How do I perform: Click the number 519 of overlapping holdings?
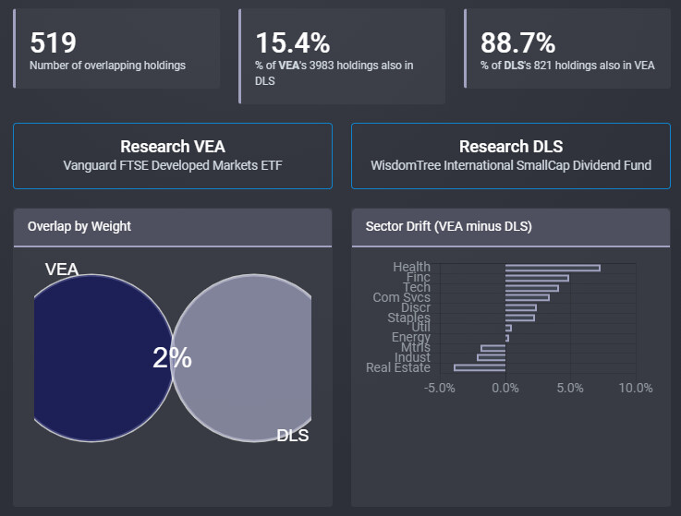(54, 42)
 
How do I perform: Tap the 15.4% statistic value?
(293, 42)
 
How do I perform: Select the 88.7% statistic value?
(517, 42)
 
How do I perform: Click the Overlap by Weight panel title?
(79, 226)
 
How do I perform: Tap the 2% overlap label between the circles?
(172, 358)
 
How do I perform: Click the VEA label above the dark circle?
(62, 270)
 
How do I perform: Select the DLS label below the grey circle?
(293, 436)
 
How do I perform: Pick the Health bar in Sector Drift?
(553, 268)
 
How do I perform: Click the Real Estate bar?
(480, 367)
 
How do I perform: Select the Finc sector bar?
(537, 278)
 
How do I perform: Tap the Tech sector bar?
(531, 288)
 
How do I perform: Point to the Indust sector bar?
(492, 357)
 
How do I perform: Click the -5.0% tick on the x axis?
(440, 388)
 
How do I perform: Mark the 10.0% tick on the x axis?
(636, 388)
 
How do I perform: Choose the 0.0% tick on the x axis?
(505, 388)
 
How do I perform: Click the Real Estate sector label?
(398, 367)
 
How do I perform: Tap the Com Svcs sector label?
(401, 297)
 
